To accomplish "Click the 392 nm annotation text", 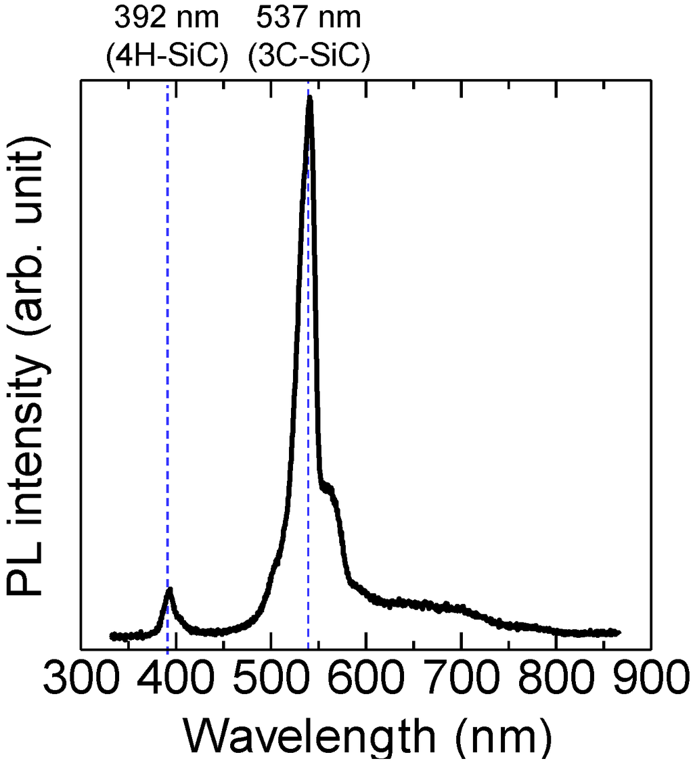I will click(x=166, y=18).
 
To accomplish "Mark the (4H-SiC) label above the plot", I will click(x=166, y=57).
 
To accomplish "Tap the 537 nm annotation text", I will click(x=309, y=18).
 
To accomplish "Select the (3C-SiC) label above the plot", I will click(x=309, y=57).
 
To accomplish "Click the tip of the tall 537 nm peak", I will click(x=310, y=99).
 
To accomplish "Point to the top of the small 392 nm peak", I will click(x=170, y=591).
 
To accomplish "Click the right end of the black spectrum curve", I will click(x=617, y=632).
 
